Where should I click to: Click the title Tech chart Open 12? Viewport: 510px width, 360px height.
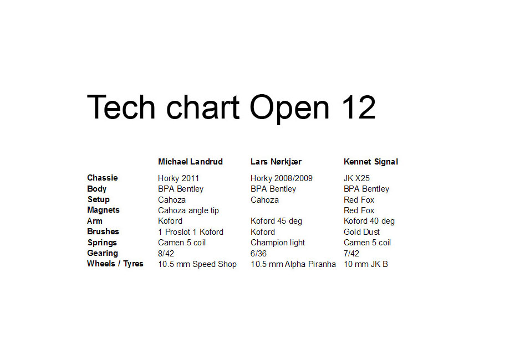(231, 107)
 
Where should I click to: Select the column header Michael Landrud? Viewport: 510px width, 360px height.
(190, 162)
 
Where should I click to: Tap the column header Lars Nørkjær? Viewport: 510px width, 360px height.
(276, 162)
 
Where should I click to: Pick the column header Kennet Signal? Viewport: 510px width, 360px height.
(371, 162)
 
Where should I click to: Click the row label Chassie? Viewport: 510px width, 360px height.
(103, 178)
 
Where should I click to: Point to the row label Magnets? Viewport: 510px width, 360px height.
(103, 210)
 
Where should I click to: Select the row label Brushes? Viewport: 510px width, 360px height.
(103, 232)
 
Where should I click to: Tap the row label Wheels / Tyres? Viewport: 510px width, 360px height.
(115, 264)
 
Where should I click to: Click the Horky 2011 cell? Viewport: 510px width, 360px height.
(178, 178)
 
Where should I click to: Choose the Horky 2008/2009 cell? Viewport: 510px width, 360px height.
(282, 178)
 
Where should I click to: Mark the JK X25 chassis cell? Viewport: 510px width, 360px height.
(356, 178)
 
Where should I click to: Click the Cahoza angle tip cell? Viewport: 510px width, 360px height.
(188, 210)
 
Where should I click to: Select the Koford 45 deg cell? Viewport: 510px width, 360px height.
(276, 222)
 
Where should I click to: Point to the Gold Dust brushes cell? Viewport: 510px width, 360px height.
(361, 232)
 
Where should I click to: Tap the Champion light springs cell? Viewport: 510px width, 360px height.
(277, 243)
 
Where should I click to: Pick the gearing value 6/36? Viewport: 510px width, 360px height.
(258, 254)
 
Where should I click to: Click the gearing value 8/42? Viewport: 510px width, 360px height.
(166, 254)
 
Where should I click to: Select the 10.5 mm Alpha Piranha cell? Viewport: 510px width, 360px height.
(293, 264)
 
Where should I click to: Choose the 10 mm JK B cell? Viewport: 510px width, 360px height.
(365, 264)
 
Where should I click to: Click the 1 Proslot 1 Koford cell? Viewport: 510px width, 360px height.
(191, 232)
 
